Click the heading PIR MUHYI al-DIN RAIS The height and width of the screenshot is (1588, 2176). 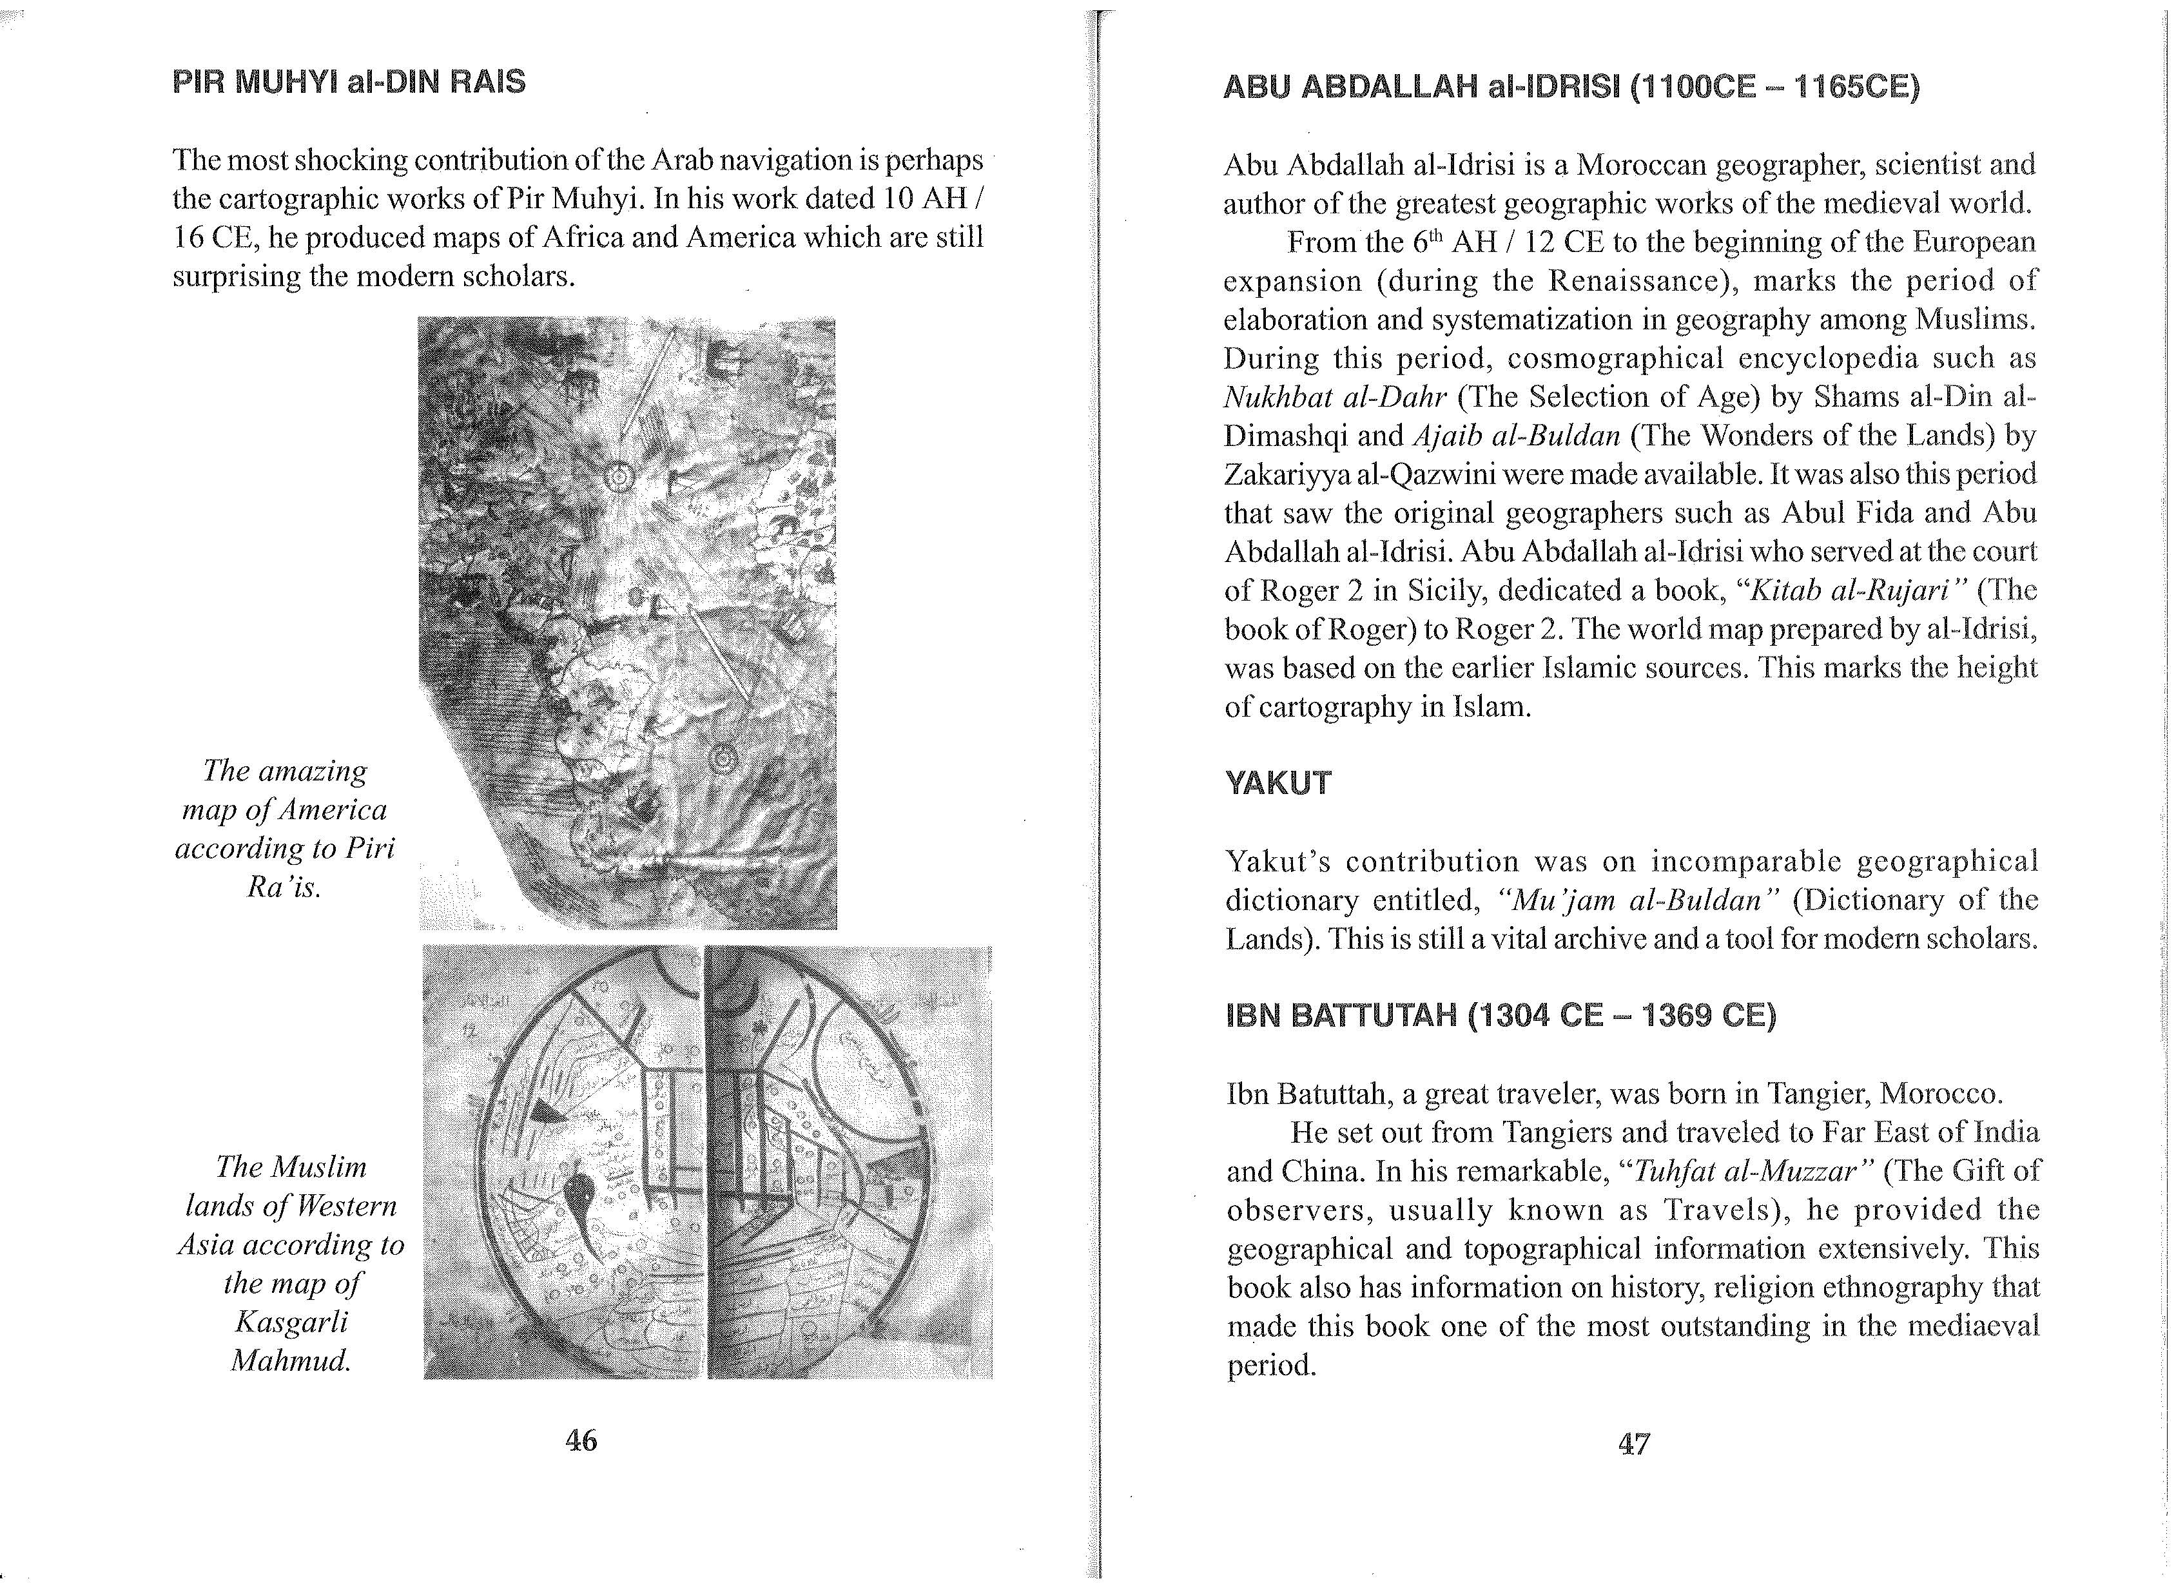click(349, 82)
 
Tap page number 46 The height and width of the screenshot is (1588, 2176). click(581, 1440)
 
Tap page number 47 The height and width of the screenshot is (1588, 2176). click(1634, 1444)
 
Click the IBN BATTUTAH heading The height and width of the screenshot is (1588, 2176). click(1501, 1016)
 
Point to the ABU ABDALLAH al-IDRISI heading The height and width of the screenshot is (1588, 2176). click(1571, 88)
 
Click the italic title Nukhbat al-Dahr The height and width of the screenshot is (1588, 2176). click(1334, 397)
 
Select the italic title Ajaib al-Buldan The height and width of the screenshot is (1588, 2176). click(1517, 436)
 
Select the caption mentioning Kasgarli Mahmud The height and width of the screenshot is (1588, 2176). click(291, 1263)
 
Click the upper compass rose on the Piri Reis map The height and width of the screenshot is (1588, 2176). click(620, 477)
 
